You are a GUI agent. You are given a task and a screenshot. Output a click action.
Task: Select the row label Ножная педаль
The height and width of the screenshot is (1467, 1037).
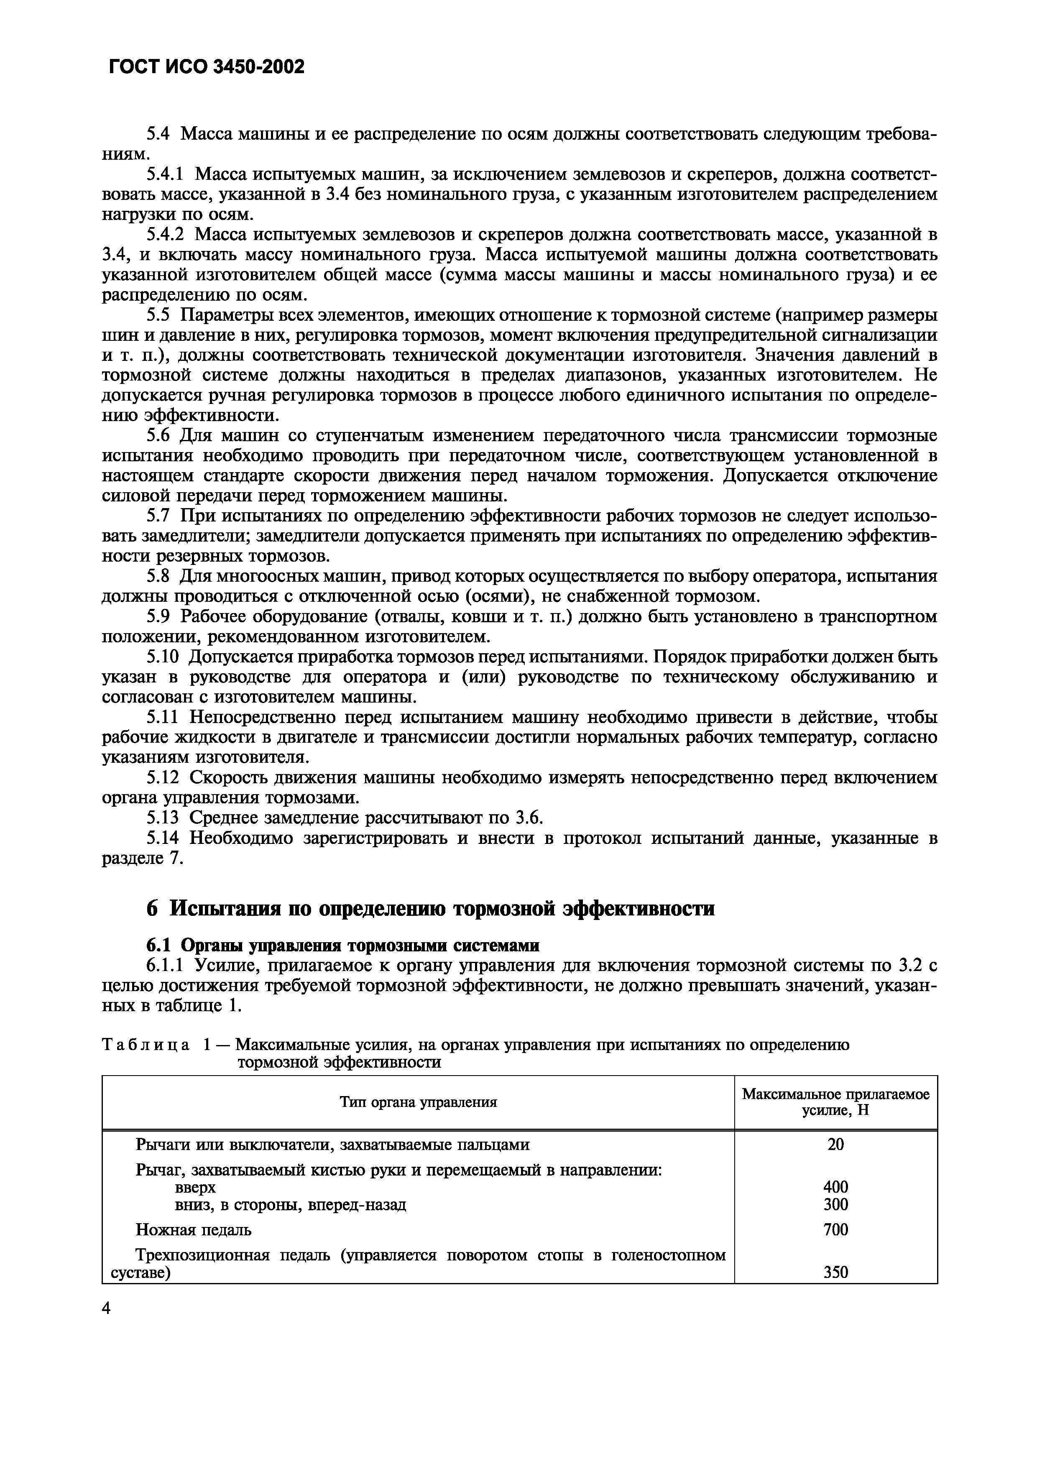[194, 1229]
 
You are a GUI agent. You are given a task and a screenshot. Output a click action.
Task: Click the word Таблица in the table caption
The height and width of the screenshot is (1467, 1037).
[146, 1046]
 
